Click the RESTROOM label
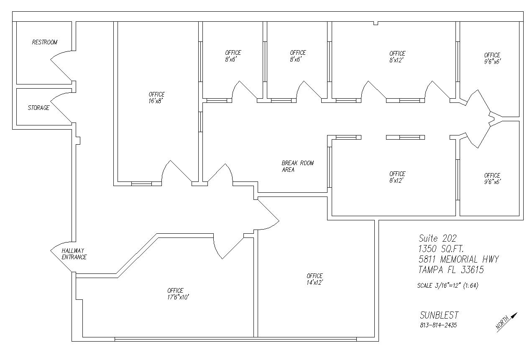tap(45, 42)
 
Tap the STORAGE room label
tap(39, 108)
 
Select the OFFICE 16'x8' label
tap(156, 97)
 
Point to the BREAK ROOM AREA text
tap(298, 166)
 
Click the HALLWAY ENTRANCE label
tap(74, 254)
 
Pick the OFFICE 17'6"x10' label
tap(178, 294)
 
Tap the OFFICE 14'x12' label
tap(315, 279)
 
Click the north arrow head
tap(515, 315)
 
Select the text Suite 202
tap(437, 238)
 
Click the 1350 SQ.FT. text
tap(441, 249)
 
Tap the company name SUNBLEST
tap(439, 315)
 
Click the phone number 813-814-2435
tap(438, 325)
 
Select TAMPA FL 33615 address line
tap(451, 270)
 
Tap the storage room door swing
tap(61, 107)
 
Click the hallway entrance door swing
tap(61, 257)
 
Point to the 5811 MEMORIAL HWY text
tap(458, 259)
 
